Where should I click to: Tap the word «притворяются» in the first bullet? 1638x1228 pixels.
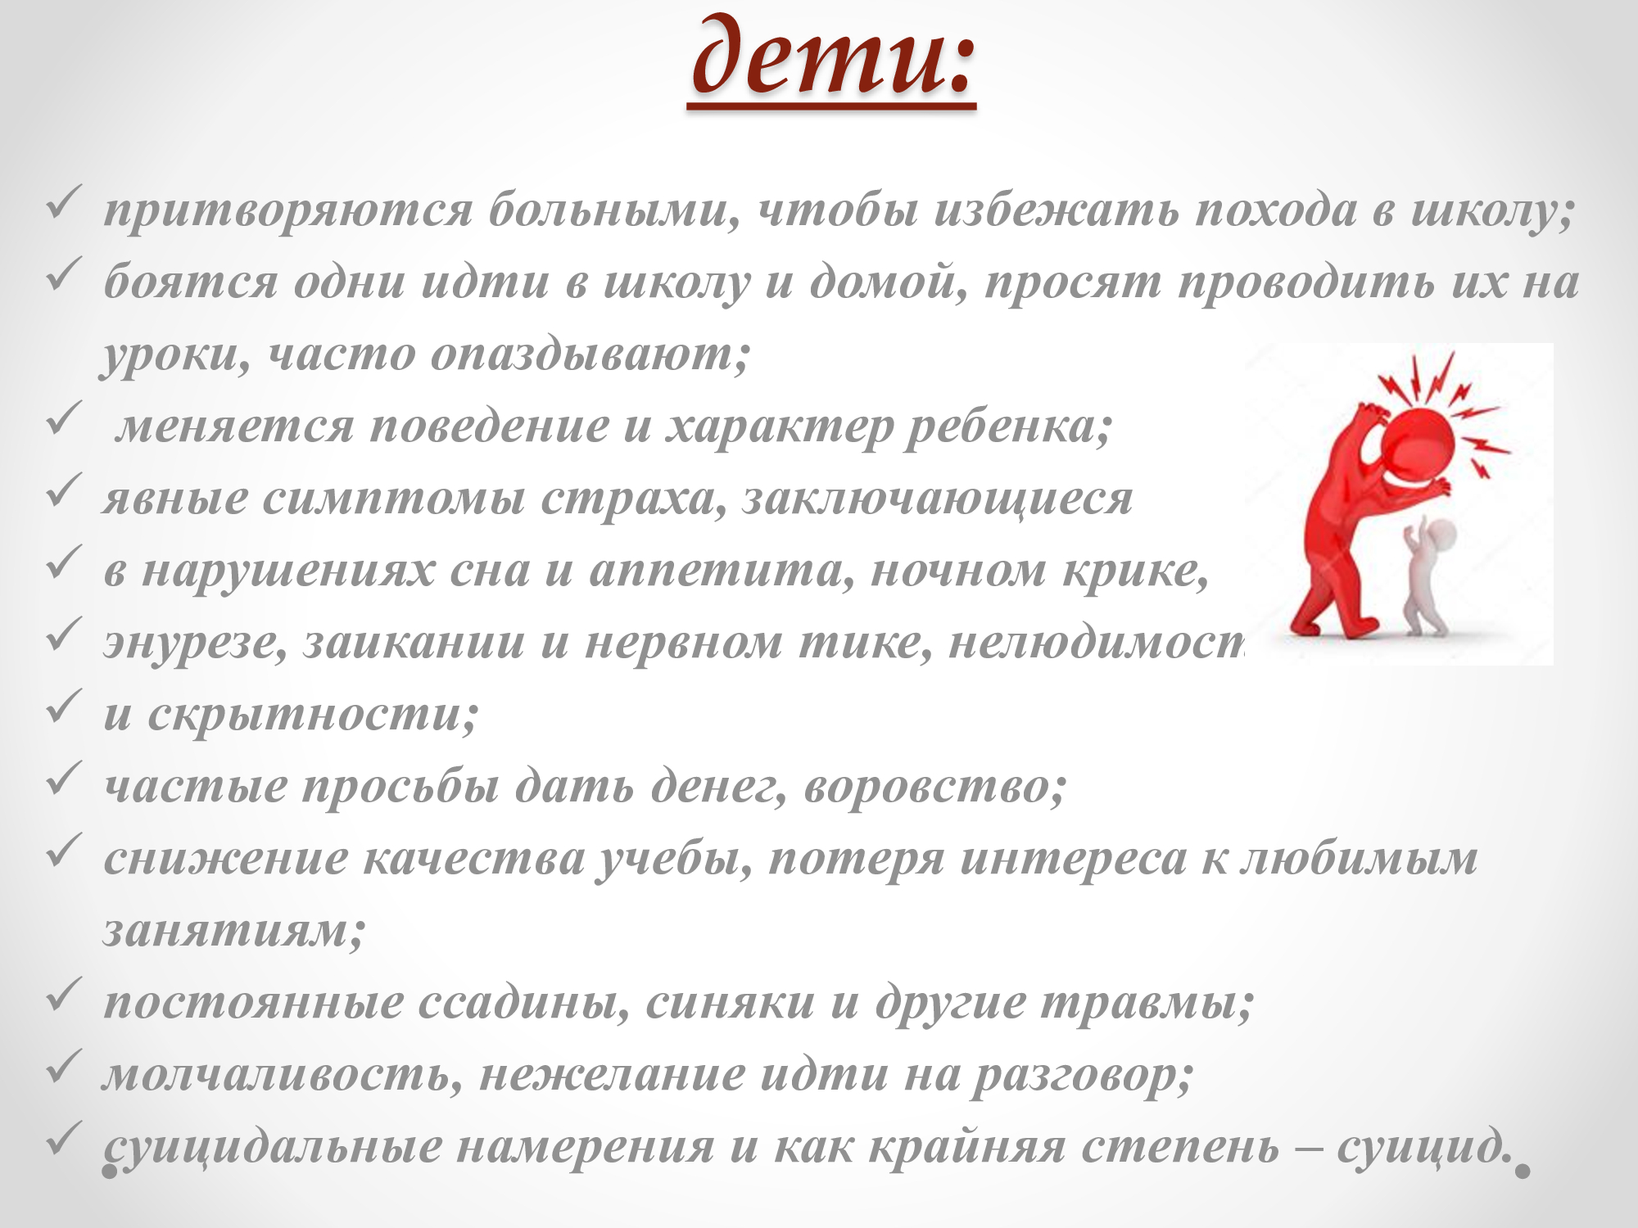(288, 210)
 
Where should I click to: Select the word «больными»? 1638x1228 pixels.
(614, 210)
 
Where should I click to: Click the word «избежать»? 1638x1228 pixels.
(1057, 210)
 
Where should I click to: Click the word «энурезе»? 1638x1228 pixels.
(196, 643)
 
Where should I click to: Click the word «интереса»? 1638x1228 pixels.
(1073, 858)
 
